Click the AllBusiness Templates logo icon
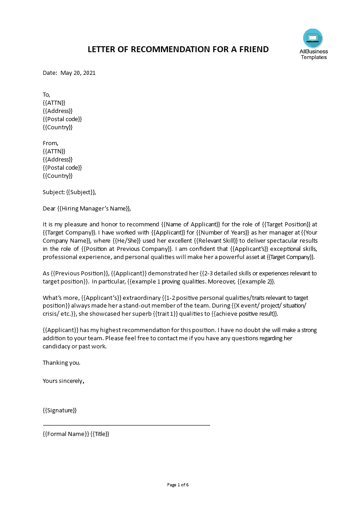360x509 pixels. pyautogui.click(x=313, y=38)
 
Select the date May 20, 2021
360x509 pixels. pyautogui.click(x=78, y=73)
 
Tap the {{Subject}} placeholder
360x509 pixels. pyautogui.click(x=81, y=192)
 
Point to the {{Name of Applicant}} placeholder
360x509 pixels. pyautogui.click(x=191, y=225)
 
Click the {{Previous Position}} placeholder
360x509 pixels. pyautogui.click(x=79, y=273)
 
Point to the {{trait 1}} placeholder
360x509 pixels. pyautogui.click(x=180, y=313)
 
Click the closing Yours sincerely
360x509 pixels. pyautogui.click(x=63, y=381)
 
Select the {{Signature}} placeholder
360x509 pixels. pyautogui.click(x=59, y=411)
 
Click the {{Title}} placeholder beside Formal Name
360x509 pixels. pyautogui.click(x=100, y=434)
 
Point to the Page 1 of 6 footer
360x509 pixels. pyautogui.click(x=178, y=485)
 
